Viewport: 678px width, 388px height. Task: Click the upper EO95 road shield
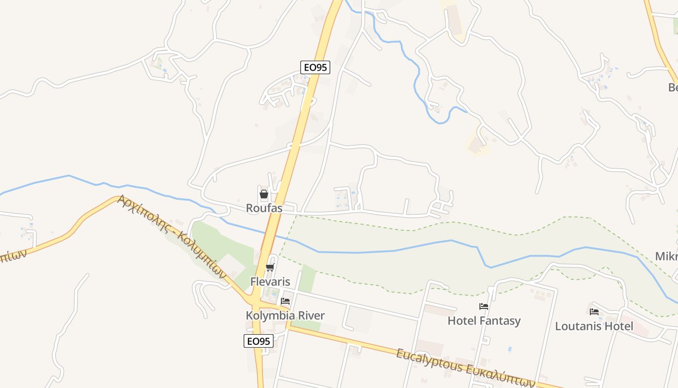point(315,67)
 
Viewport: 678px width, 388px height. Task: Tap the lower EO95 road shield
point(258,341)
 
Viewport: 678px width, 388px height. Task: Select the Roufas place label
point(264,208)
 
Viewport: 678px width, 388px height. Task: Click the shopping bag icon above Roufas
point(264,194)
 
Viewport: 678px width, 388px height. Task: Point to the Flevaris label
point(270,281)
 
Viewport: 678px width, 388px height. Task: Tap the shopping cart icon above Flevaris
point(270,268)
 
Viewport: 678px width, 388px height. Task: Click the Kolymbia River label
point(285,315)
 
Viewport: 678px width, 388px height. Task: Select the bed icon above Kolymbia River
point(285,301)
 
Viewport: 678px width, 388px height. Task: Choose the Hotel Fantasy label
point(484,321)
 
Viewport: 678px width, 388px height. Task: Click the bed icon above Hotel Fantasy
point(484,307)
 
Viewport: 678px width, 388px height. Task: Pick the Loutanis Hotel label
point(594,326)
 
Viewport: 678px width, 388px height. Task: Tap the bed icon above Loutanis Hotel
point(594,312)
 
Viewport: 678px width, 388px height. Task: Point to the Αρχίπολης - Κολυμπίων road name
point(172,236)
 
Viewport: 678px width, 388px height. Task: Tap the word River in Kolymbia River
point(311,315)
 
